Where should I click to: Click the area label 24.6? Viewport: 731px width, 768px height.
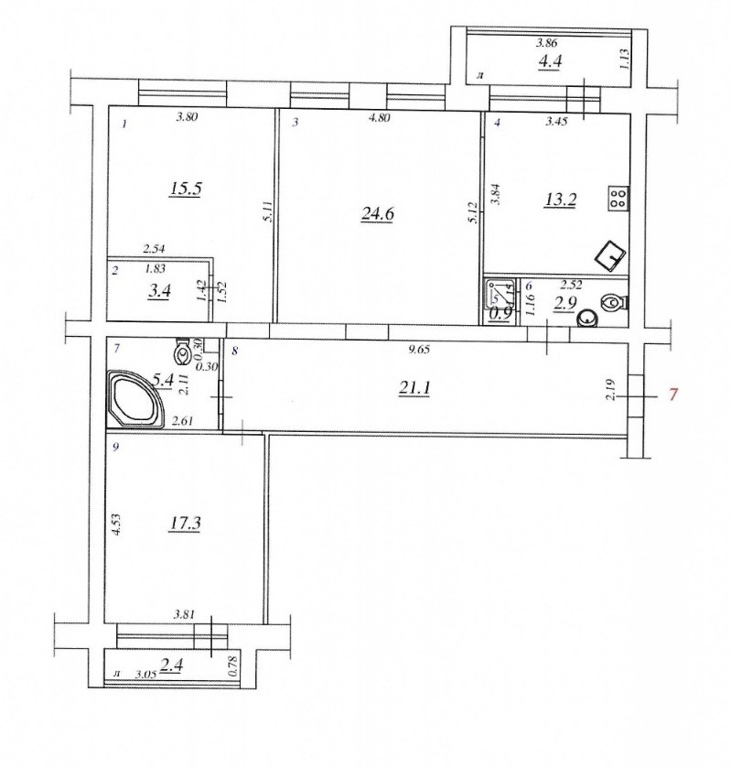[x=378, y=214]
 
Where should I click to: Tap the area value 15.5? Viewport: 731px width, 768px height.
[x=186, y=189]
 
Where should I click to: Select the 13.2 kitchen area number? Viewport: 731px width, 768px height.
[x=560, y=200]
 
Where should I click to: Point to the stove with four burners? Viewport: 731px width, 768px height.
[x=618, y=199]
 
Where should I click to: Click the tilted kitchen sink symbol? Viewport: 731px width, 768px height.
[x=610, y=255]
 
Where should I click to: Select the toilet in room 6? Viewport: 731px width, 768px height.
[x=612, y=303]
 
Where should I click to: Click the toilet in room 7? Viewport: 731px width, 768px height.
[x=183, y=352]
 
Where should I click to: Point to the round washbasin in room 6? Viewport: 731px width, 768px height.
[x=587, y=319]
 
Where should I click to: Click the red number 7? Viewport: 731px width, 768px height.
[x=673, y=394]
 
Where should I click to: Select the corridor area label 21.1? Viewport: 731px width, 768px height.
[x=414, y=388]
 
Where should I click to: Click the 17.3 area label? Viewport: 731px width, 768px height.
[x=184, y=524]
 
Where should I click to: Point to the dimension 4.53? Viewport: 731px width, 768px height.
[x=116, y=525]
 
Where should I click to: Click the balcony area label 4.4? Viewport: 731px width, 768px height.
[x=550, y=61]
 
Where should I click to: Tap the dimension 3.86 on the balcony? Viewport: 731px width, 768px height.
[x=546, y=43]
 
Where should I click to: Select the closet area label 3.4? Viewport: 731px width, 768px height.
[x=159, y=291]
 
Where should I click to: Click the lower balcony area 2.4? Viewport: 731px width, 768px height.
[x=171, y=665]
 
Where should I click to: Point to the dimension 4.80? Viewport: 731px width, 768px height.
[x=379, y=117]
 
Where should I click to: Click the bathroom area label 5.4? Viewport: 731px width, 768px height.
[x=163, y=380]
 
